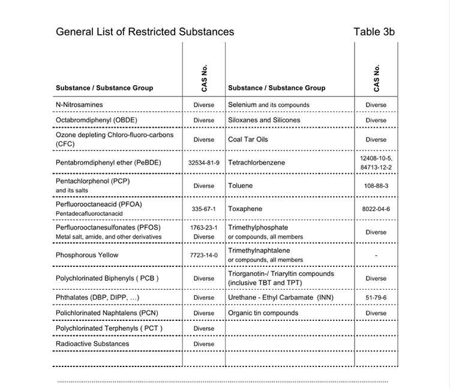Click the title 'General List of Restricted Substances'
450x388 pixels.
pyautogui.click(x=145, y=32)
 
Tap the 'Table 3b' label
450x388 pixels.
pyautogui.click(x=374, y=32)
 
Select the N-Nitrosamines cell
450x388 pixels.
pyautogui.click(x=79, y=105)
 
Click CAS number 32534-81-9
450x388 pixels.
pyautogui.click(x=203, y=163)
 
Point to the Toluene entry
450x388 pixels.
pyautogui.click(x=241, y=186)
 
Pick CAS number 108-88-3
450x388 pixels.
pyautogui.click(x=376, y=186)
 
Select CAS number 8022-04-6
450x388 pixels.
pyautogui.click(x=376, y=209)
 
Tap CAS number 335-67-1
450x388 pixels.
pyautogui.click(x=203, y=209)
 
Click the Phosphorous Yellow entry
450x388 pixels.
pyautogui.click(x=87, y=255)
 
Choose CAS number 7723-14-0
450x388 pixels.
pyautogui.click(x=203, y=255)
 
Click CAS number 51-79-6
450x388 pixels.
pyautogui.click(x=376, y=297)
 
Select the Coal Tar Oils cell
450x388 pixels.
pyautogui.click(x=248, y=140)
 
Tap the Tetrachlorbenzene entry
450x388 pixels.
pyautogui.click(x=257, y=163)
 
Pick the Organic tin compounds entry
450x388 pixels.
pyautogui.click(x=263, y=313)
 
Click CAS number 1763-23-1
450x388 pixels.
pyautogui.click(x=203, y=228)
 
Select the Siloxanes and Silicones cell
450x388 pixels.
pyautogui.click(x=265, y=121)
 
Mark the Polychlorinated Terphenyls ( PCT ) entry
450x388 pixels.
pyautogui.click(x=109, y=329)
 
